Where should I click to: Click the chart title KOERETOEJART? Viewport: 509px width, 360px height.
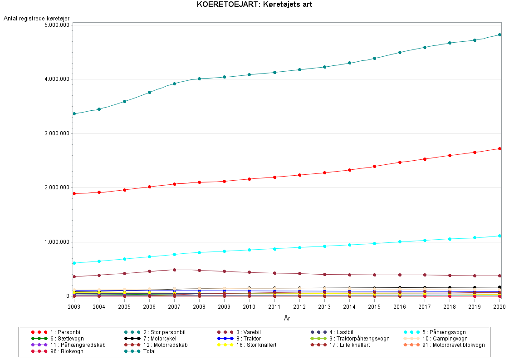point(254,5)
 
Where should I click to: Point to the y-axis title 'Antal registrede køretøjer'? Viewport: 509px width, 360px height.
point(36,18)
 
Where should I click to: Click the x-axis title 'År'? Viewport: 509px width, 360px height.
point(287,318)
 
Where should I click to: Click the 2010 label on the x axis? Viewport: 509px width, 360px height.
point(249,307)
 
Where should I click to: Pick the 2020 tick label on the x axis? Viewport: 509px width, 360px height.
point(499,307)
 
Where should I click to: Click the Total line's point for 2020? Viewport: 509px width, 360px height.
point(499,35)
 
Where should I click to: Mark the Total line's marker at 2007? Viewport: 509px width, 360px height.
point(174,84)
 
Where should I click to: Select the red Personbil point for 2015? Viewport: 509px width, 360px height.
point(374,166)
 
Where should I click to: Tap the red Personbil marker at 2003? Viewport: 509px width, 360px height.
point(74,193)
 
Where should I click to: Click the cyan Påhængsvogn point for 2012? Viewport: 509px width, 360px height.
point(299,247)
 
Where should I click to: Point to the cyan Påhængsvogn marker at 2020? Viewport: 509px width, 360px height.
point(499,236)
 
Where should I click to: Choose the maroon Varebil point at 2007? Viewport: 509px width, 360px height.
point(174,270)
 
